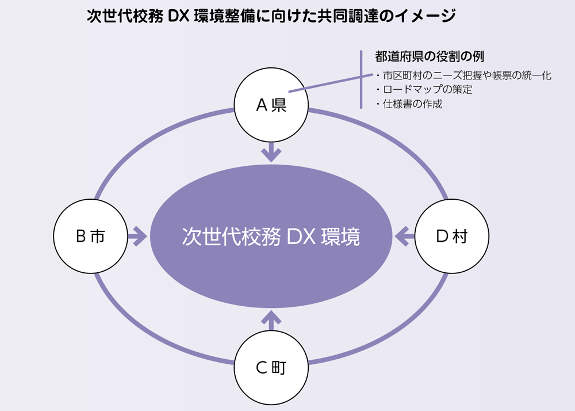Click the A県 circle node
click(x=271, y=105)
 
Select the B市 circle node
click(x=90, y=236)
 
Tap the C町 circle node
click(x=271, y=367)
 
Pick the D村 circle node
click(x=451, y=236)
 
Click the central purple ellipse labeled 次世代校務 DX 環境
click(x=271, y=236)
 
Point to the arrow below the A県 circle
click(x=271, y=151)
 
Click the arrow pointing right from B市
click(x=137, y=236)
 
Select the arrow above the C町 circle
click(x=271, y=320)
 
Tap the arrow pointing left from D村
click(x=405, y=236)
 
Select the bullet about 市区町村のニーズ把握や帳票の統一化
click(x=463, y=75)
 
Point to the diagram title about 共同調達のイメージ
click(x=271, y=16)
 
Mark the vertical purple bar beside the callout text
click(x=361, y=79)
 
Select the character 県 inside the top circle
click(x=279, y=105)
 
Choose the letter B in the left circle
click(x=81, y=236)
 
